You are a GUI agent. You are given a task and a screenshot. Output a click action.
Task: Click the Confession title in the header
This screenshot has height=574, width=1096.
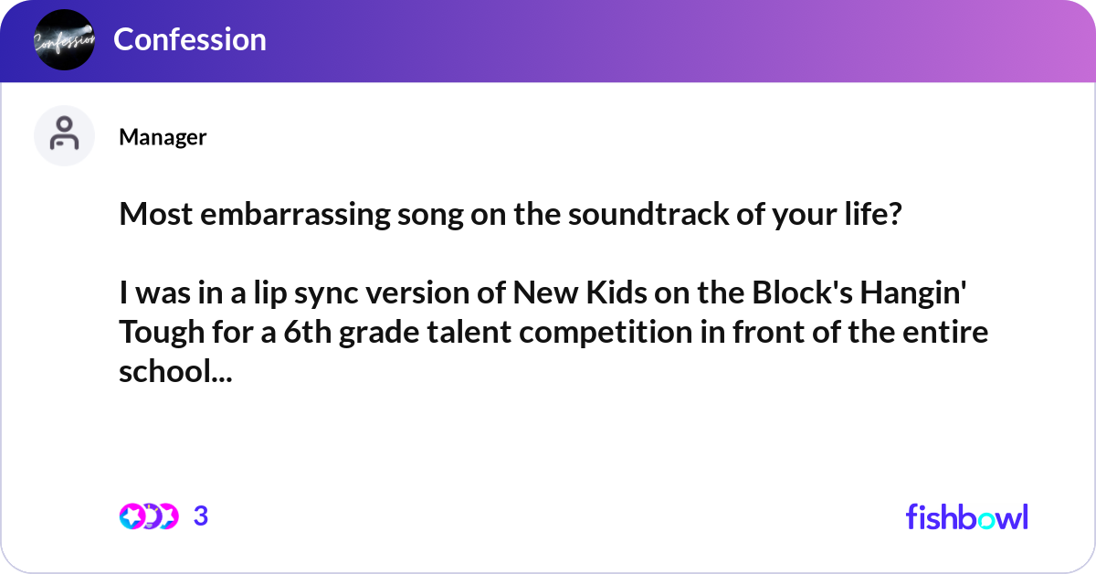190,39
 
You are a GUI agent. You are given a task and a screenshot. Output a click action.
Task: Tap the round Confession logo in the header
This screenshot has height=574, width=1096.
64,39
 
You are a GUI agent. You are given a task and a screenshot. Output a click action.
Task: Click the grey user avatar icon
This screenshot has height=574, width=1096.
64,135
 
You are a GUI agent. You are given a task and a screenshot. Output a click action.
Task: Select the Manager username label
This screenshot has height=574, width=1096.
163,137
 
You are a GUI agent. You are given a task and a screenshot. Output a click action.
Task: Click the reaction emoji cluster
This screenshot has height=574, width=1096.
148,516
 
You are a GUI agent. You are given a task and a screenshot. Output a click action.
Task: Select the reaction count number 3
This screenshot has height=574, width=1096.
201,516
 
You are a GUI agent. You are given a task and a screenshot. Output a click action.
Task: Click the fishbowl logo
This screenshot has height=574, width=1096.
966,516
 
